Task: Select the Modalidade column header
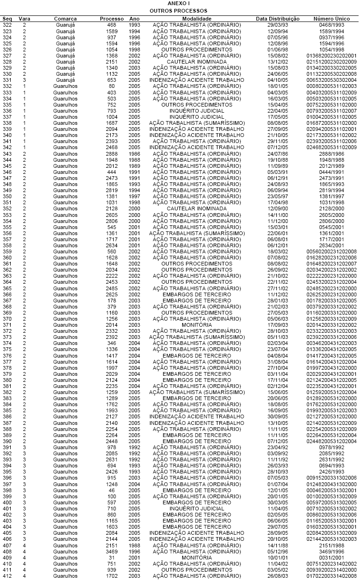pos(197,19)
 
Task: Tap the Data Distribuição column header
pos(278,19)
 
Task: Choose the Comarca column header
pos(65,19)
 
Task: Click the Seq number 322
pos(7,25)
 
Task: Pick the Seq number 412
pos(7,576)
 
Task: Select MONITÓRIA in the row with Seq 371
pos(197,325)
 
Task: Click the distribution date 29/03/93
pos(278,25)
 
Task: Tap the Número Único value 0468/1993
pos(331,25)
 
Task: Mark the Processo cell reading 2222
pos(111,276)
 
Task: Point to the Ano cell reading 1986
pos(134,153)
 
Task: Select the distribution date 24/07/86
pos(278,153)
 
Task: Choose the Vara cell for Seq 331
pos(25,80)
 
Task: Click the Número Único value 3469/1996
pos(331,552)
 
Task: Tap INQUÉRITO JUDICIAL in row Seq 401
pos(197,509)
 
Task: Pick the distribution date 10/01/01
pos(278,558)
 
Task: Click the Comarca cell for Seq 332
pos(65,86)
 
